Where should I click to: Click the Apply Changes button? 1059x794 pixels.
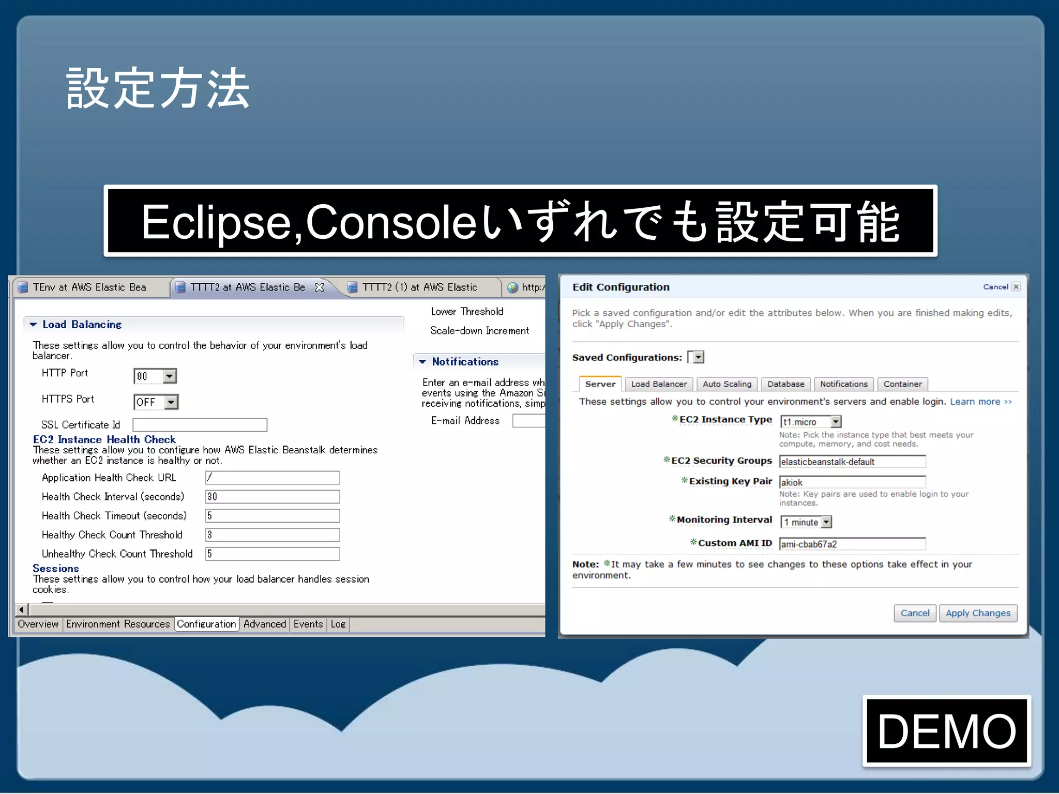point(977,613)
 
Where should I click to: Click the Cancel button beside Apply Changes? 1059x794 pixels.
point(914,613)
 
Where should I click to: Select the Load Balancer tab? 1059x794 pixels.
point(659,384)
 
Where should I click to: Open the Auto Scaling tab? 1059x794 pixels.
point(727,384)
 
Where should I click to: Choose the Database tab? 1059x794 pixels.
point(785,384)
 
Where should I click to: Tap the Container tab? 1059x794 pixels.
point(902,384)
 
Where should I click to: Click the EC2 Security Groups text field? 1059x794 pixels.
point(852,462)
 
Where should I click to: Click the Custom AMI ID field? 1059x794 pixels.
point(852,544)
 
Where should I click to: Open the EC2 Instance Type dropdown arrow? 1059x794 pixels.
point(836,422)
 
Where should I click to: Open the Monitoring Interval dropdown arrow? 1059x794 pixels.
point(826,522)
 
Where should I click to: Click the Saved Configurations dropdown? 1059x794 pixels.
point(698,357)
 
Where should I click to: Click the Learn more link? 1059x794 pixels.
point(980,402)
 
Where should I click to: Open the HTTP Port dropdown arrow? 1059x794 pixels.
point(169,376)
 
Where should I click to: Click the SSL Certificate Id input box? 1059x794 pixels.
point(200,425)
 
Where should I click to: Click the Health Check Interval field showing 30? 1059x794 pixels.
point(272,497)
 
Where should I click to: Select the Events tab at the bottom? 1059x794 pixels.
point(308,624)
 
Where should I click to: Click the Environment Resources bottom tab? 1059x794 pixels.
point(118,624)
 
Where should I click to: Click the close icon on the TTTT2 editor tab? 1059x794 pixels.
point(320,287)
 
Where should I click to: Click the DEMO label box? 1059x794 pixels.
point(946,731)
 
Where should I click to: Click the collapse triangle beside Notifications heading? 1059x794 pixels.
point(422,362)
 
